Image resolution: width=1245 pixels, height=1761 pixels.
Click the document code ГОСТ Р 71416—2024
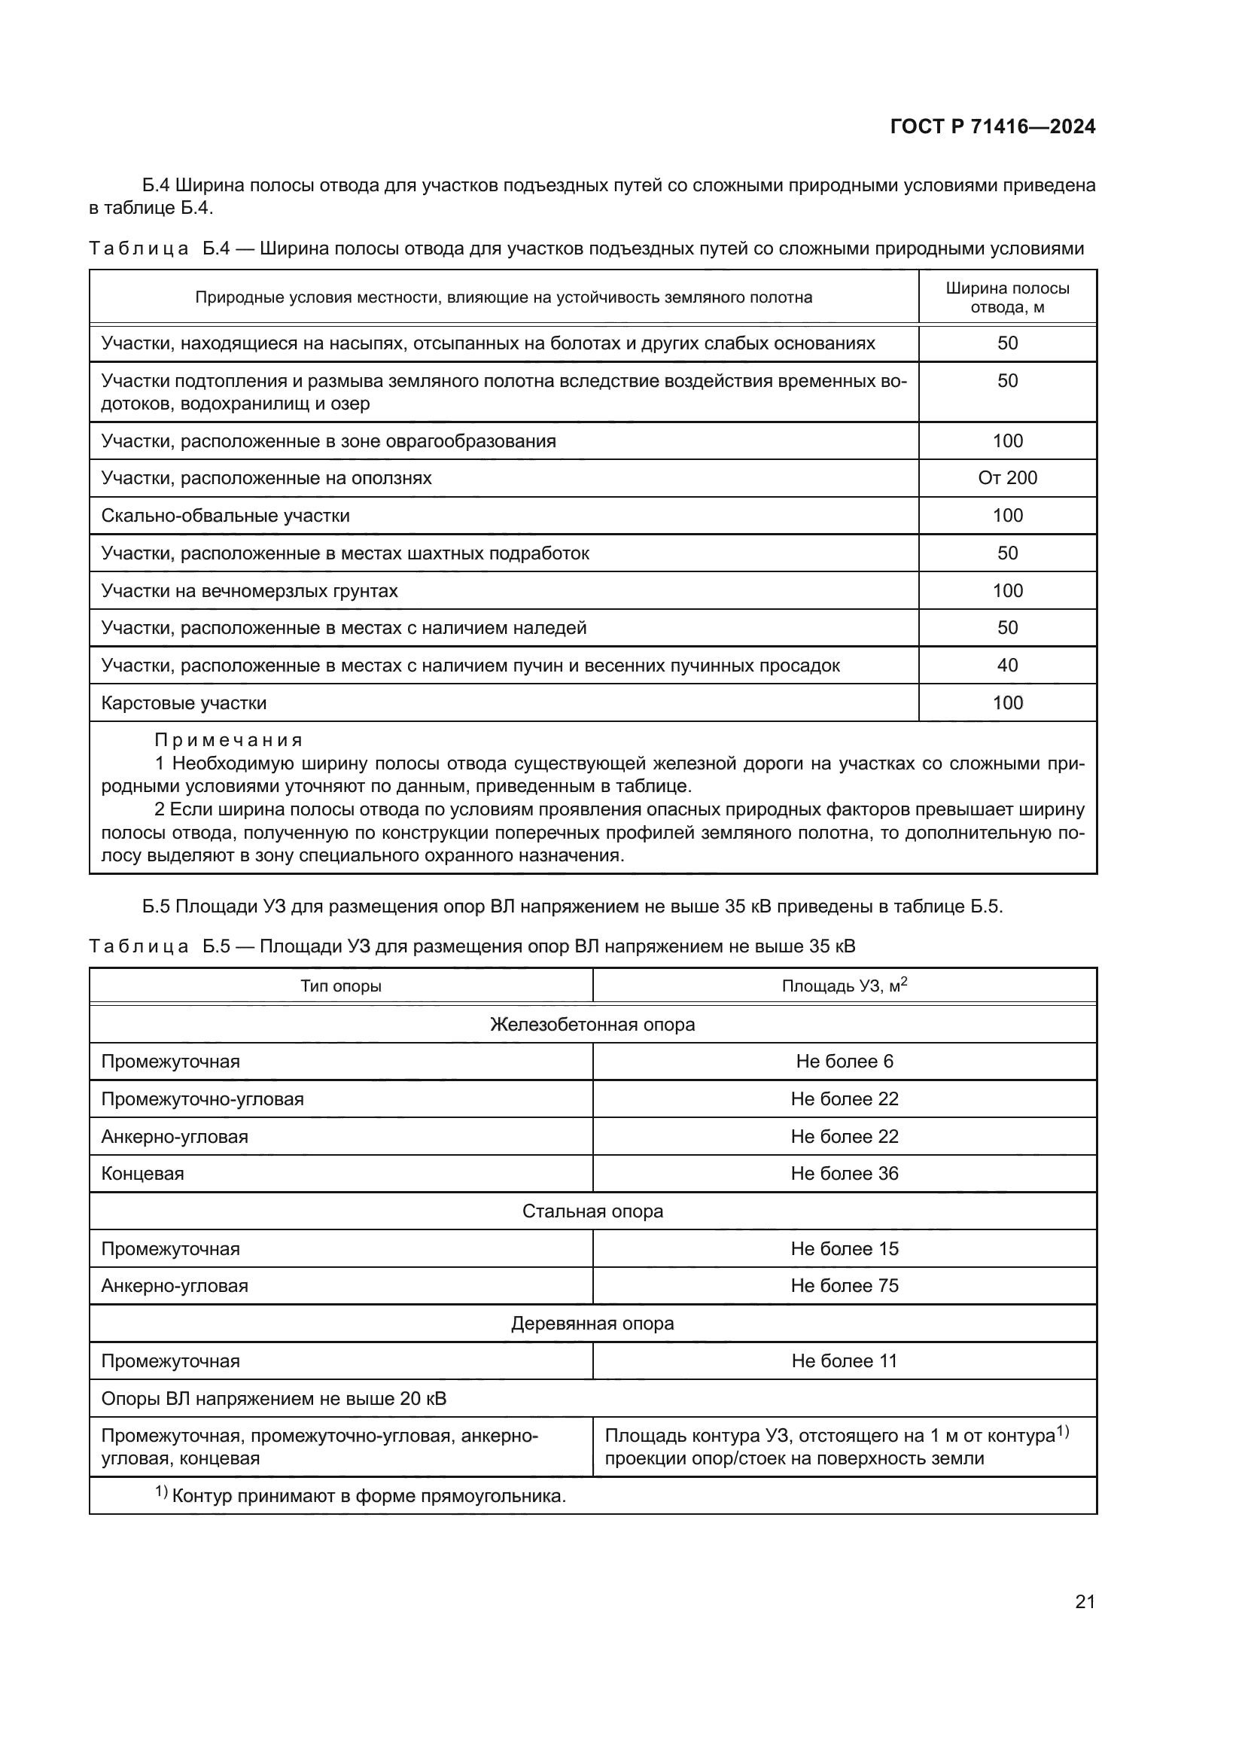point(992,126)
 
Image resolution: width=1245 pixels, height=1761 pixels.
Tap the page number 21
point(1085,1601)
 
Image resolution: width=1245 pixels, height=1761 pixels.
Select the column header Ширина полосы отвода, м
point(1006,297)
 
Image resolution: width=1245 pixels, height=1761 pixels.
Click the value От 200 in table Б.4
point(1006,478)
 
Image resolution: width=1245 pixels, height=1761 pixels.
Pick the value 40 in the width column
point(1006,665)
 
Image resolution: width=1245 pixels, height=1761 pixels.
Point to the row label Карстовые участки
point(184,702)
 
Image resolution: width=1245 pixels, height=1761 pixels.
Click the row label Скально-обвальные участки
point(225,516)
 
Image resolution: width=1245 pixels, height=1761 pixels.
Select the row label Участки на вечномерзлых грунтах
point(249,590)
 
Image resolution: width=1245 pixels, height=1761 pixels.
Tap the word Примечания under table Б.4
point(229,740)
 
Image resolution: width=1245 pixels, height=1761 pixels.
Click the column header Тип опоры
point(340,986)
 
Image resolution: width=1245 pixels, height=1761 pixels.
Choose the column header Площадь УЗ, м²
point(844,986)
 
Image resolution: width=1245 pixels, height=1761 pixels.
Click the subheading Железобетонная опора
point(592,1024)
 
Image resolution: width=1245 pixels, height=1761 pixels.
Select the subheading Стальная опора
point(592,1211)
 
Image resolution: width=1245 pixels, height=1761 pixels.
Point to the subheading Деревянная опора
point(592,1323)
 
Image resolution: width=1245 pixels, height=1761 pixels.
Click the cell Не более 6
point(844,1062)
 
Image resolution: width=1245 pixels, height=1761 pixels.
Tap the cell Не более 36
point(844,1174)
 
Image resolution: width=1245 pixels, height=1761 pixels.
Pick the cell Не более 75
point(844,1285)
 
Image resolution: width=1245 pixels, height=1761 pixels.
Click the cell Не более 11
point(844,1360)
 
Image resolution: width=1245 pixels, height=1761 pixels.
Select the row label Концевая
point(142,1174)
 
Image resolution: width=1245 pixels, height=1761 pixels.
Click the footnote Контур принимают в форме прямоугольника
point(368,1496)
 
